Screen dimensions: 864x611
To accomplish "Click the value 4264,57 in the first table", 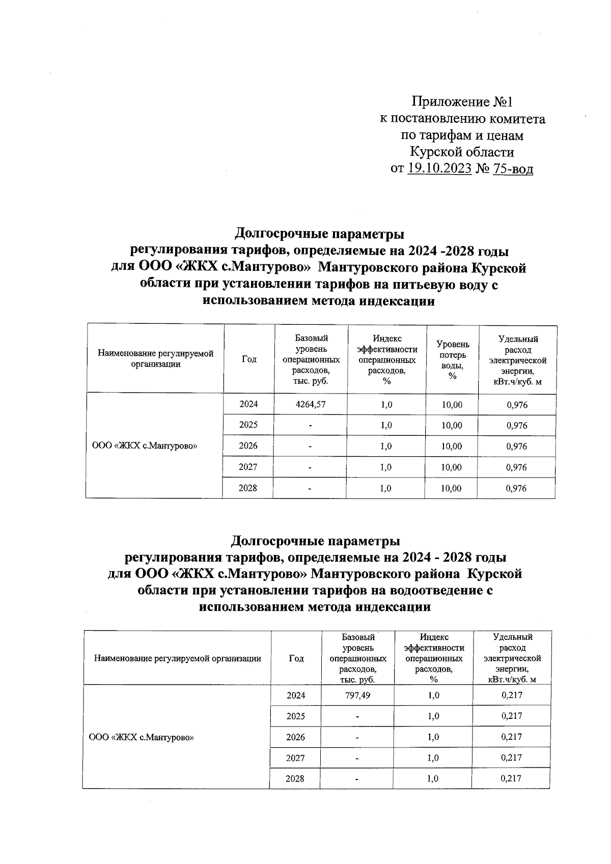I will point(311,405).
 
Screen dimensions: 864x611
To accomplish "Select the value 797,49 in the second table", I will point(357,695).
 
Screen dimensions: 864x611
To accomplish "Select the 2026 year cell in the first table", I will point(248,446).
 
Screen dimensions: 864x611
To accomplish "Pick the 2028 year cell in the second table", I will point(295,778).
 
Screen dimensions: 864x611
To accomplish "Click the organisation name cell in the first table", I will point(145,446).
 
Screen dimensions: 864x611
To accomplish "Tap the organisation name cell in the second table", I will point(142,737).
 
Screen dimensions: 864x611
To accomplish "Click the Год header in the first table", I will point(249,359).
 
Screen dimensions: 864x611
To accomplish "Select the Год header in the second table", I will point(296,658).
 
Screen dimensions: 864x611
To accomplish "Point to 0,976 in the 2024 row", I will point(517,405).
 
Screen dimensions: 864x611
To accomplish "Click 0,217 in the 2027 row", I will point(511,758).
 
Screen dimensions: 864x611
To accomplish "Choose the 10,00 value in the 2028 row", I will point(452,488).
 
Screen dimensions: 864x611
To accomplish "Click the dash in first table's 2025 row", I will point(311,426).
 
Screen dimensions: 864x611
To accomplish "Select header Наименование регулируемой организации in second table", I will point(177,658).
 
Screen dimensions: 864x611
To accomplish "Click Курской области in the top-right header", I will point(462,152).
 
